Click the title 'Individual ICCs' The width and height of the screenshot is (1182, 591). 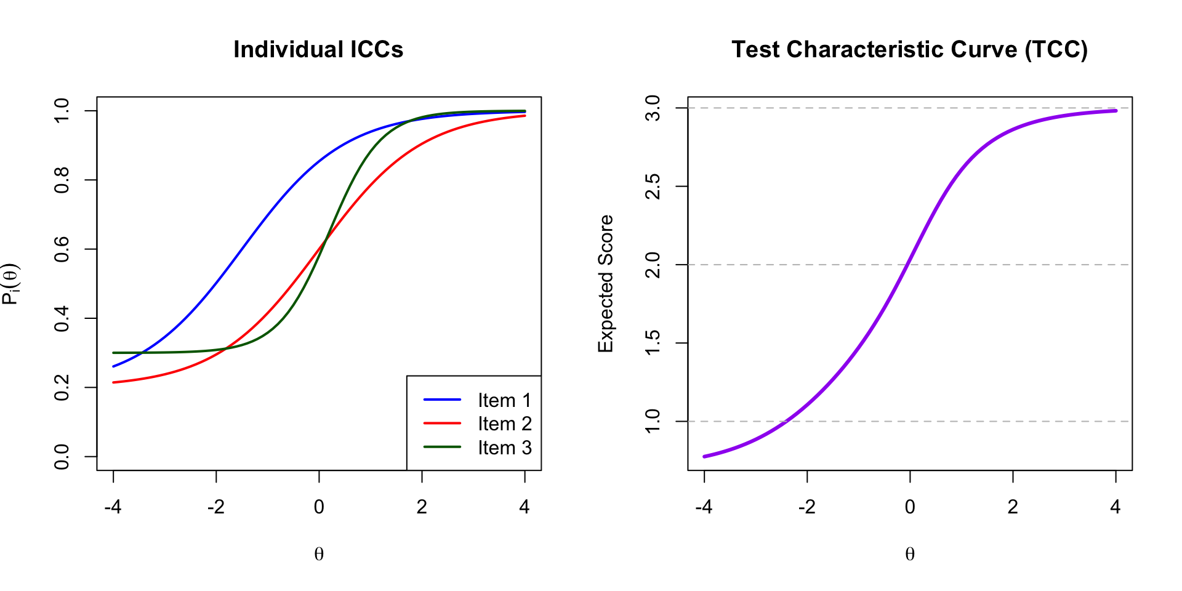pyautogui.click(x=318, y=50)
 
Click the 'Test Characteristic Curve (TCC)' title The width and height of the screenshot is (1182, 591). pyautogui.click(x=909, y=50)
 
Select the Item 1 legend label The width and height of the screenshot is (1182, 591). pyautogui.click(x=504, y=400)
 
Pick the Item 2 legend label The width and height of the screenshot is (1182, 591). pyautogui.click(x=504, y=424)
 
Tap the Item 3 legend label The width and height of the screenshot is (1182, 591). pyautogui.click(x=504, y=448)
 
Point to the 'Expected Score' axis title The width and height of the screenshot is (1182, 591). pyautogui.click(x=606, y=283)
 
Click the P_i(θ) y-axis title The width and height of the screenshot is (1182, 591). pyautogui.click(x=10, y=283)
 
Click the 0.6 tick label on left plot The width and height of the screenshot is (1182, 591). pyautogui.click(x=62, y=249)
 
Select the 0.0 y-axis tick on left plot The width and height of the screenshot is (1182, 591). pyautogui.click(x=62, y=457)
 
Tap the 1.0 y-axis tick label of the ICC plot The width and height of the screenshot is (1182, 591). pyautogui.click(x=62, y=111)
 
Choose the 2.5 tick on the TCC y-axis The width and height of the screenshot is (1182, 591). pyautogui.click(x=653, y=187)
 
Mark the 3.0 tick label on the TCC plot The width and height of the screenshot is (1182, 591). pyautogui.click(x=653, y=108)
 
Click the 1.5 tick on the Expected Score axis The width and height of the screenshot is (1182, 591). pyautogui.click(x=653, y=343)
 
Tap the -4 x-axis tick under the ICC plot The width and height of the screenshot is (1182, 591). pyautogui.click(x=113, y=507)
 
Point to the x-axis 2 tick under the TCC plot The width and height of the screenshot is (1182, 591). pyautogui.click(x=1013, y=507)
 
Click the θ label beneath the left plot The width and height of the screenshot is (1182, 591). pyautogui.click(x=319, y=554)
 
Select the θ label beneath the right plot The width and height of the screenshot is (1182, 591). pyautogui.click(x=910, y=554)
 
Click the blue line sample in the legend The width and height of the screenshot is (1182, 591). pyautogui.click(x=442, y=400)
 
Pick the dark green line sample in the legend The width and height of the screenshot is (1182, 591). pyautogui.click(x=442, y=448)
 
